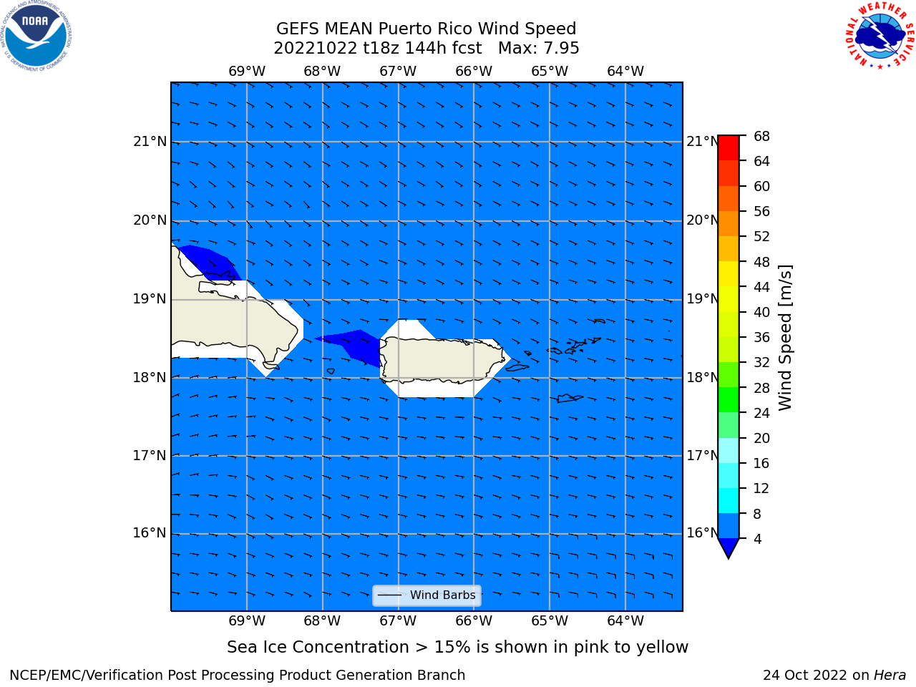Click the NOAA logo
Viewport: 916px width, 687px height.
pyautogui.click(x=36, y=36)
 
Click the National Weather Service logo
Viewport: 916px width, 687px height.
pyautogui.click(x=880, y=36)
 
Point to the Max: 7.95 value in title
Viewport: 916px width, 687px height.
pyautogui.click(x=538, y=48)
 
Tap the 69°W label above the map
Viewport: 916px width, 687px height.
pyautogui.click(x=247, y=71)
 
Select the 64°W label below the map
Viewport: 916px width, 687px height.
pyautogui.click(x=625, y=620)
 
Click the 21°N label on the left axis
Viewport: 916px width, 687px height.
pyautogui.click(x=150, y=142)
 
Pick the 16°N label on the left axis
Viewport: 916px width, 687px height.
pyautogui.click(x=150, y=533)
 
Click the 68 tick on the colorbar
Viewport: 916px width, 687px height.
pyautogui.click(x=761, y=137)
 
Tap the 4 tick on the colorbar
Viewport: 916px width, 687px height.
pyautogui.click(x=757, y=539)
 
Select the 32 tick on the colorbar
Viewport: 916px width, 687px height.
pyautogui.click(x=761, y=362)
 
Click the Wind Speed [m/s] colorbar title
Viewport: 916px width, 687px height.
pyautogui.click(x=785, y=338)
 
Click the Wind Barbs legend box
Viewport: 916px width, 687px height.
pyautogui.click(x=427, y=595)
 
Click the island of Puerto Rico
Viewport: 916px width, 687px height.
pyautogui.click(x=442, y=360)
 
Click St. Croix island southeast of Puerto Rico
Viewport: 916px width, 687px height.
pyautogui.click(x=570, y=399)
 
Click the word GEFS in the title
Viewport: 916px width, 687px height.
pyautogui.click(x=298, y=29)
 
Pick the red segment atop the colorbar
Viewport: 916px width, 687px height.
pyautogui.click(x=729, y=148)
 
